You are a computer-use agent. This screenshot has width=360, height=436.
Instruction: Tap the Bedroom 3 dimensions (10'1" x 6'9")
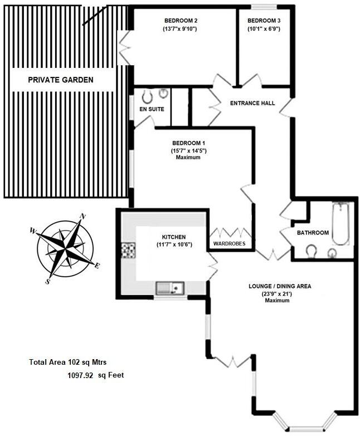264,28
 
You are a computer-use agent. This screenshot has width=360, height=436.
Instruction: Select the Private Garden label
61,80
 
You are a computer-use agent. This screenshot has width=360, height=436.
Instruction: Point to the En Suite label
152,109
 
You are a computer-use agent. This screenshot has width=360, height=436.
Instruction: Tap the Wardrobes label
230,244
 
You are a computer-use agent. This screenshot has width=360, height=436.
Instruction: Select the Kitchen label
173,237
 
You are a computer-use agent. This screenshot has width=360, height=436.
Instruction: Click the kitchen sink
170,288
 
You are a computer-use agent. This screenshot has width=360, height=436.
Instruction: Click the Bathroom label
313,232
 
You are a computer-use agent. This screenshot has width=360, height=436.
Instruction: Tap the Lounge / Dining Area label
280,286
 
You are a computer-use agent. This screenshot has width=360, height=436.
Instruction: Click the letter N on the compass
83,217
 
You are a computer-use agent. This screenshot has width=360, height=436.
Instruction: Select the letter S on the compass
48,281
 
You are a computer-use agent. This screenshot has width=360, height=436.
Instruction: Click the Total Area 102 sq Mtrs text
67,362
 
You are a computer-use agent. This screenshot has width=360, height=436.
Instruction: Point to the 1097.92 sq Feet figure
95,375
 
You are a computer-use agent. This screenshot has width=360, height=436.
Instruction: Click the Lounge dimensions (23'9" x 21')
278,294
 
